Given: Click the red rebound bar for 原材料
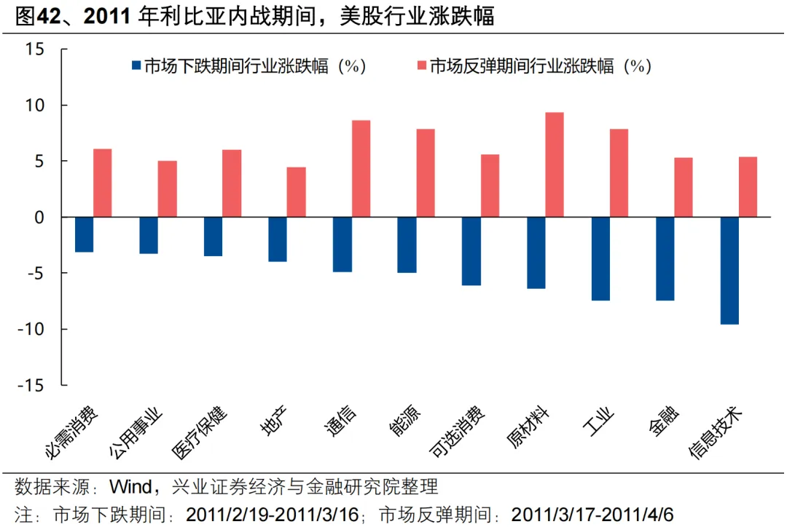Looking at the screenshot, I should pos(554,165).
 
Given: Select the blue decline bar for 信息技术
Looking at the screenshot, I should pos(729,270).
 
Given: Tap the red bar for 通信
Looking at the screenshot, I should pos(361,168).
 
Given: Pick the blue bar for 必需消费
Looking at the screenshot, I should pos(84,234).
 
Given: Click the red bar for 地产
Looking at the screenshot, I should pos(296,192).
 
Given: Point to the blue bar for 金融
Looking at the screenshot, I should pos(665,258).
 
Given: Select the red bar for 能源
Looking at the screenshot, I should pos(425,173).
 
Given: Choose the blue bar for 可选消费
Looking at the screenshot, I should pos(471,251).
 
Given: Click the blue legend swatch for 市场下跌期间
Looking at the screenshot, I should pos(135,66).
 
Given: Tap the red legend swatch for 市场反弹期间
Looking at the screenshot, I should pos(420,66).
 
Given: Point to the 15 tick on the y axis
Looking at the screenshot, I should pos(34,49).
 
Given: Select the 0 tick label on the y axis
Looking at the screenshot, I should pos(39,217).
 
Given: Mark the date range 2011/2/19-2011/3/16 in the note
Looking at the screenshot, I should pos(273,514).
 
